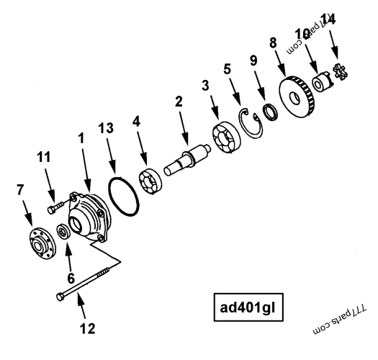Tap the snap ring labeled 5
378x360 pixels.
click(x=248, y=119)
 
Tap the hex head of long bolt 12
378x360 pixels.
click(x=58, y=294)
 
